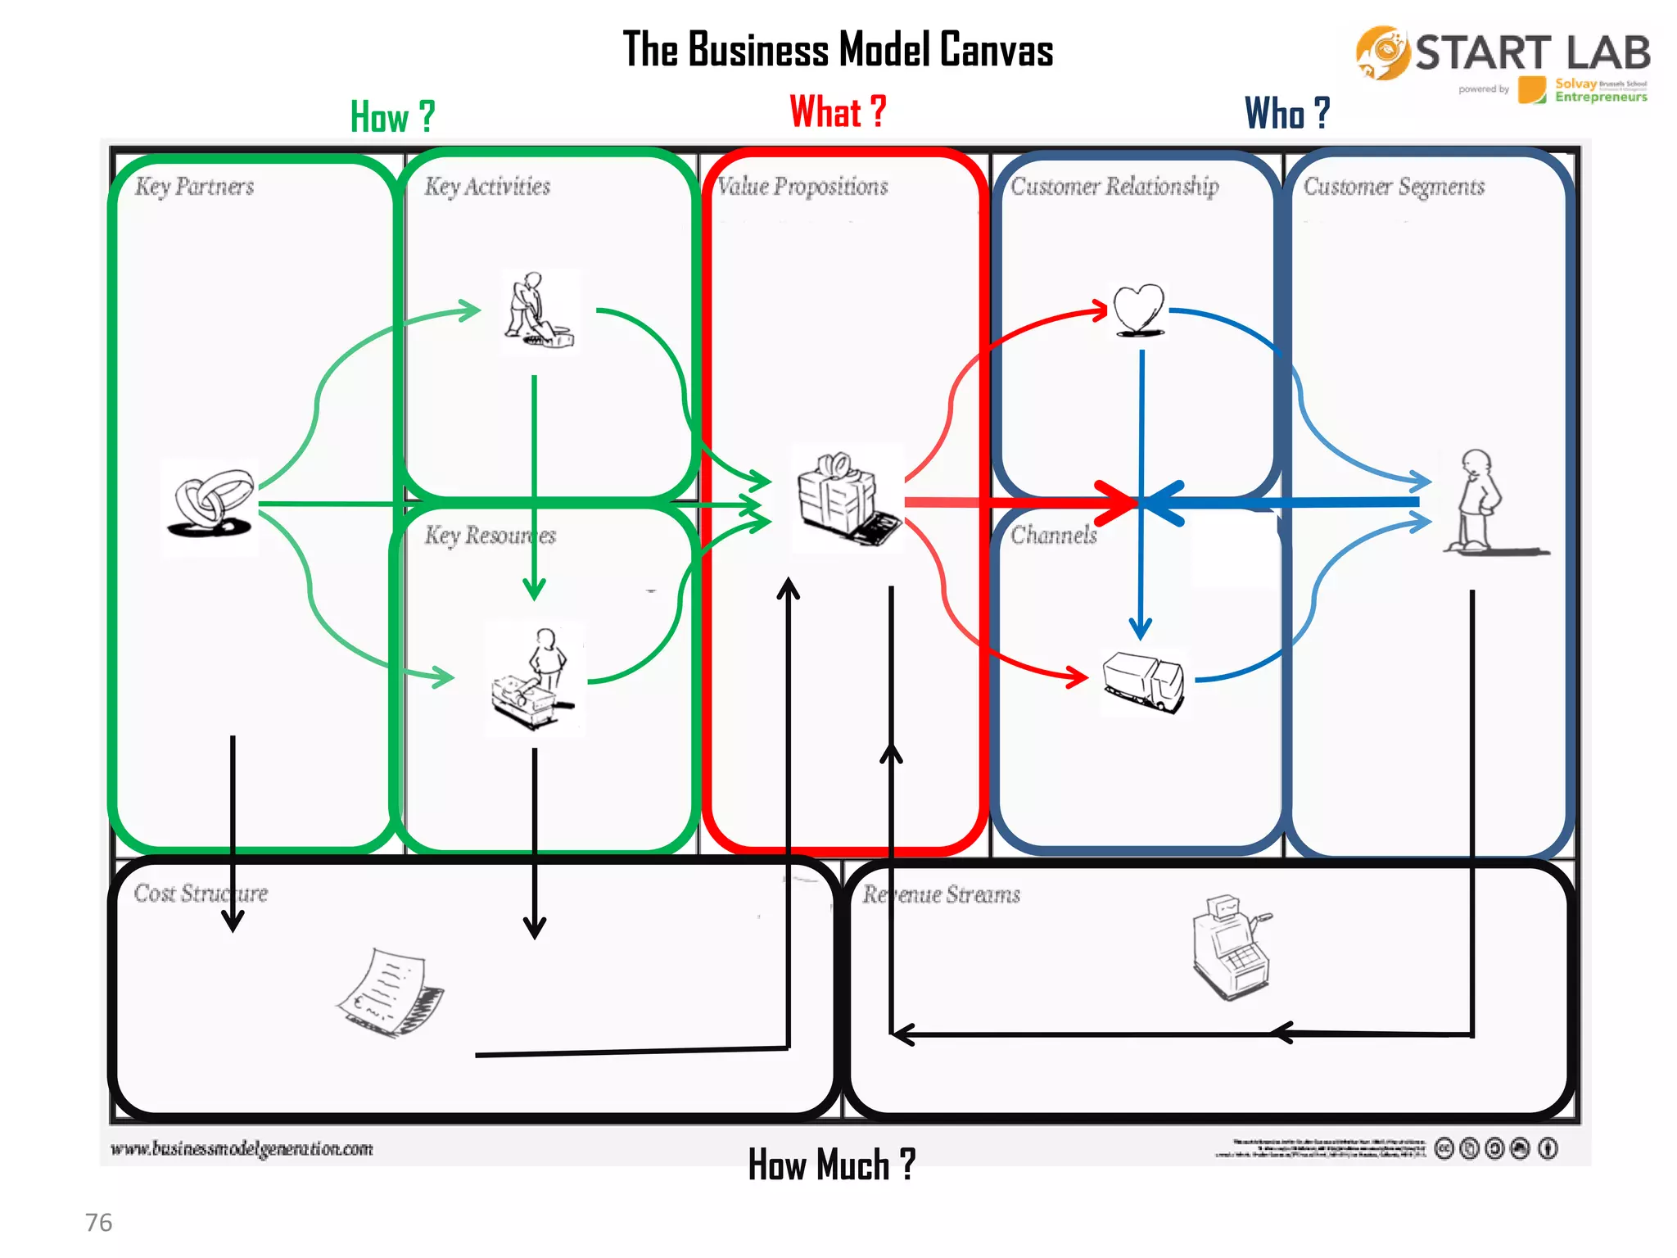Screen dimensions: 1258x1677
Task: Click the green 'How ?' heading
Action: tap(392, 116)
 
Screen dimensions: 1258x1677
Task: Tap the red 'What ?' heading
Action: tap(837, 111)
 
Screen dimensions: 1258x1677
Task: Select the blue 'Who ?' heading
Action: tap(1286, 113)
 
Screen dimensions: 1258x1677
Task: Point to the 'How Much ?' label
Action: tap(831, 1164)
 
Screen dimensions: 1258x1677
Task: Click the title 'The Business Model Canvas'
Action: tap(838, 49)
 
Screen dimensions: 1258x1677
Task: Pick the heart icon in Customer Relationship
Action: tap(1138, 310)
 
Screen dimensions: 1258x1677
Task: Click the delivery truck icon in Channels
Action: tap(1143, 681)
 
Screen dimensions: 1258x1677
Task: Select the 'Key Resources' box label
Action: tap(490, 536)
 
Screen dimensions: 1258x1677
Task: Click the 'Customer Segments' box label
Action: tap(1394, 187)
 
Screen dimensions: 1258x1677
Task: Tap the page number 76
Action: tap(98, 1222)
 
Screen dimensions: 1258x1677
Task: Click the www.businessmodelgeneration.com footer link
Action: tap(242, 1148)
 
